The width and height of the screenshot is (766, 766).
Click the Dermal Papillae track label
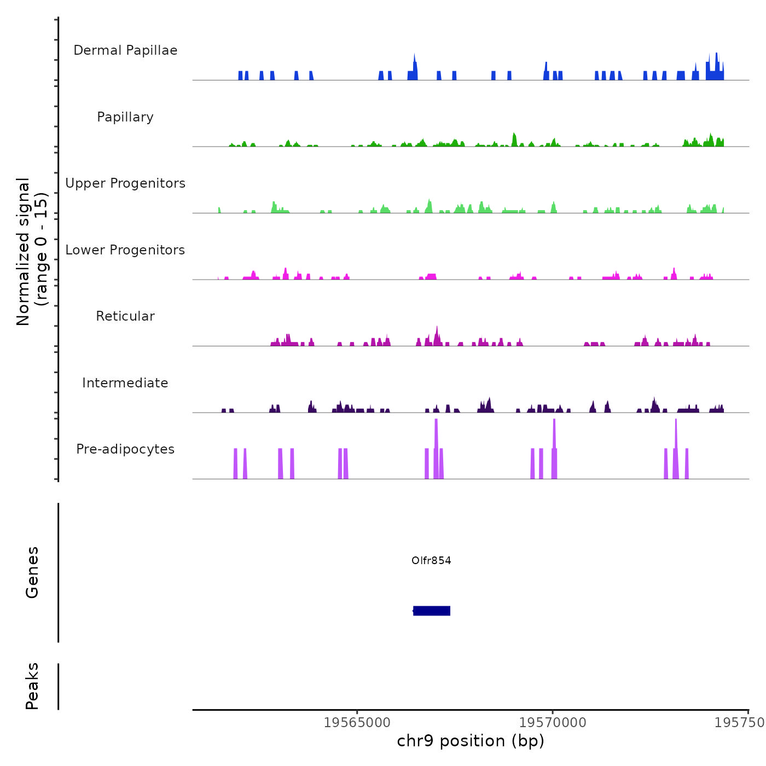pos(125,50)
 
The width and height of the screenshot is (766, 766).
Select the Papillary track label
pos(125,117)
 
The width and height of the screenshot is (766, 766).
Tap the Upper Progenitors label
pos(125,183)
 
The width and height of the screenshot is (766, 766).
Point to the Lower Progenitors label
pos(125,250)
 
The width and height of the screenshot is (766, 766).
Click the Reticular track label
pos(125,316)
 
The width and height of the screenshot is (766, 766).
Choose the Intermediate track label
pos(125,383)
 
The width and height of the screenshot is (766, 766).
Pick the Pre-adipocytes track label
pos(125,449)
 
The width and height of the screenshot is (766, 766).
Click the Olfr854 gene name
pos(431,560)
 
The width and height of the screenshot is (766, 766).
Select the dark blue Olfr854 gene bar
pos(432,611)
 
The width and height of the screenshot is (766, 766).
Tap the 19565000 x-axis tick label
pos(357,722)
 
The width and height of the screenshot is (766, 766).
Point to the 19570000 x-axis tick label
pos(553,722)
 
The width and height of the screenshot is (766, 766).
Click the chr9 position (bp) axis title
pos(471,741)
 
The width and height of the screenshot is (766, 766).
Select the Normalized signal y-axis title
pos(32,252)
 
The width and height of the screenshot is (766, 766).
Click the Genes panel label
pos(32,572)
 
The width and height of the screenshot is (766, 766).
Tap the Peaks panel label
pos(32,686)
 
